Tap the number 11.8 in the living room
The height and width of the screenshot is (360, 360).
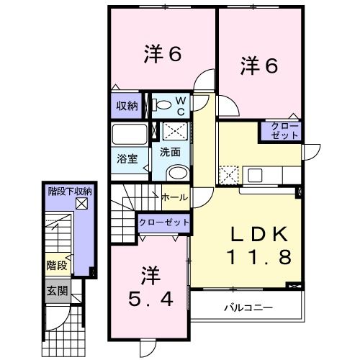point(259,256)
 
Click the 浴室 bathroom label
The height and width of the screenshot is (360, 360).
point(128,158)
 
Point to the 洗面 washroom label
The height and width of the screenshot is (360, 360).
point(170,152)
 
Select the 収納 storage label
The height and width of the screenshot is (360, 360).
point(127,105)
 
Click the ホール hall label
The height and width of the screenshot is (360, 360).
point(174,197)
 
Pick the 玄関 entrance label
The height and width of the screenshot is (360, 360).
point(58,292)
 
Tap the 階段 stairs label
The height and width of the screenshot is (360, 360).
point(58,266)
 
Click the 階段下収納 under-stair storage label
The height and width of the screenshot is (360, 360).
point(69,192)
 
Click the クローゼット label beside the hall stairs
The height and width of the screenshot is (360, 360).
point(163,222)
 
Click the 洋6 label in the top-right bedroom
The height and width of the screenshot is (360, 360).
point(258,66)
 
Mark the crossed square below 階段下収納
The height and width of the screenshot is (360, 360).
point(80,204)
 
